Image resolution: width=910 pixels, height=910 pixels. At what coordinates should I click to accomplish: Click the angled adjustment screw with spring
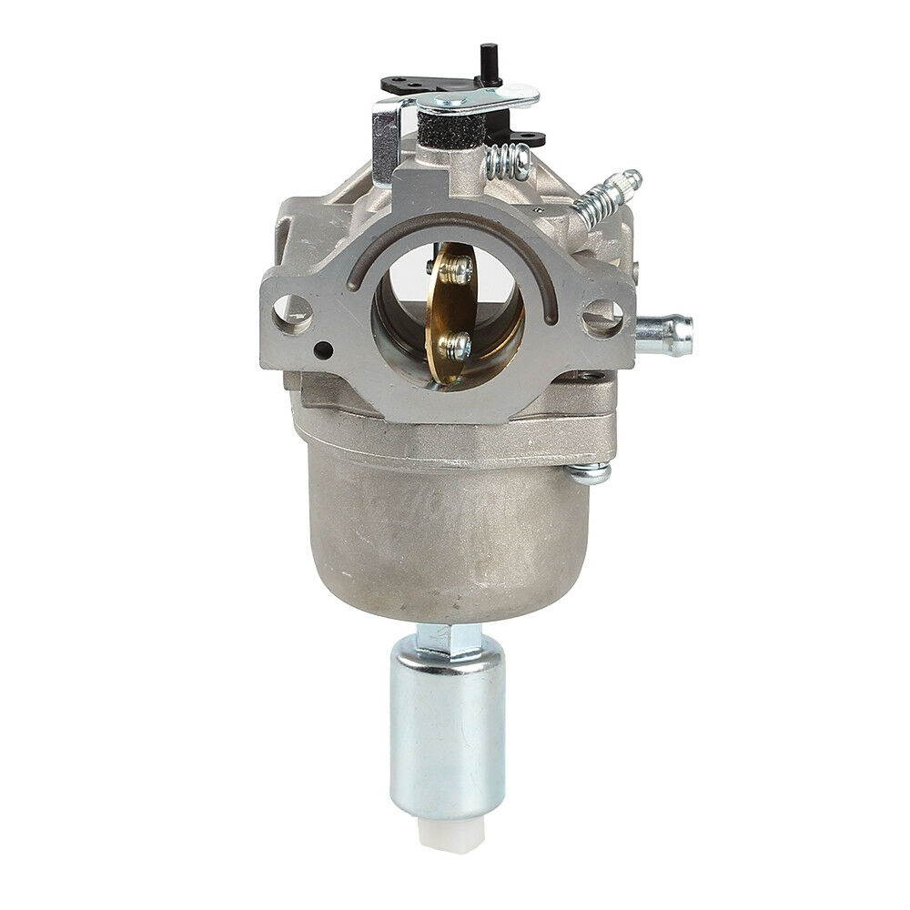click(x=605, y=196)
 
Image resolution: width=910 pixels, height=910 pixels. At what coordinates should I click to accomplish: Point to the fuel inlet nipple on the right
click(x=664, y=334)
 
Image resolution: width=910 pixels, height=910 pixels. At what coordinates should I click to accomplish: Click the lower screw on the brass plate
click(x=454, y=345)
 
